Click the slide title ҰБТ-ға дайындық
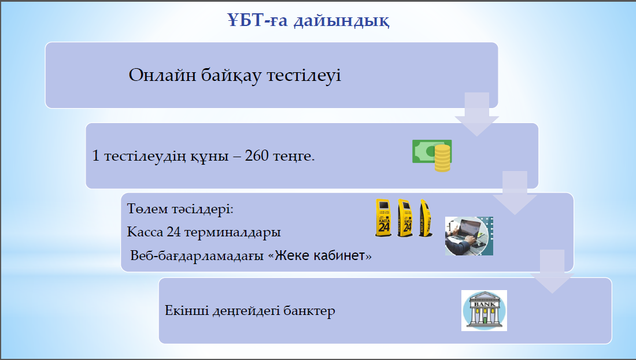pyautogui.click(x=308, y=20)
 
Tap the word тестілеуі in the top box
pyautogui.click(x=304, y=75)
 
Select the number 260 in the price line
pyautogui.click(x=257, y=155)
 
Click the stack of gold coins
pyautogui.click(x=442, y=158)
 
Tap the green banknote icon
pyautogui.click(x=430, y=151)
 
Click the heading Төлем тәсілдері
pyautogui.click(x=180, y=209)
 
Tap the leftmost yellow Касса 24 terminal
pyautogui.click(x=383, y=218)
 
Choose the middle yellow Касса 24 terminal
pyautogui.click(x=405, y=218)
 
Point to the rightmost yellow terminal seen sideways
pyautogui.click(x=426, y=218)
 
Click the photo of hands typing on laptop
pyautogui.click(x=469, y=236)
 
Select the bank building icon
pyautogui.click(x=485, y=310)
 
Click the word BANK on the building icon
pyautogui.click(x=485, y=304)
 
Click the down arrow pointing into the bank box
pyautogui.click(x=552, y=271)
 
